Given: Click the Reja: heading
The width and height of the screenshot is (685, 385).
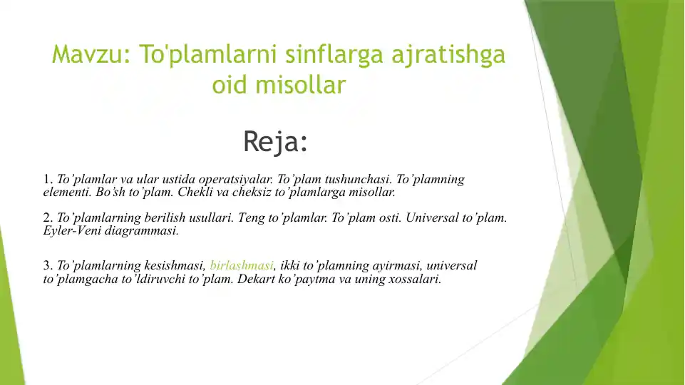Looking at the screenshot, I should (275, 141).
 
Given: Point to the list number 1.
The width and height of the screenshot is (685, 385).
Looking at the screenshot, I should (47, 180).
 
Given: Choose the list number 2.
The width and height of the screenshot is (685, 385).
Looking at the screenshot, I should (47, 218).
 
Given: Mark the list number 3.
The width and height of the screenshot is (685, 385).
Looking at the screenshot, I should (47, 266).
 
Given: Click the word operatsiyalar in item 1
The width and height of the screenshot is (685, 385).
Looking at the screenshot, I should (233, 180).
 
